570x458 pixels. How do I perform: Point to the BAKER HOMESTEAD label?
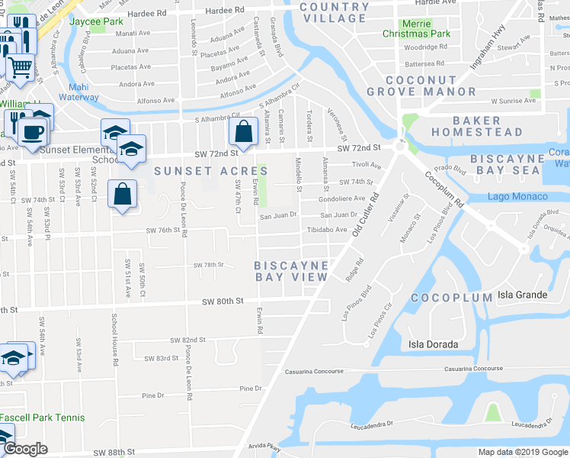point(488,126)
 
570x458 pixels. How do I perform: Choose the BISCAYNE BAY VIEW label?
point(292,271)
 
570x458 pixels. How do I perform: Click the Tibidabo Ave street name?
point(327,229)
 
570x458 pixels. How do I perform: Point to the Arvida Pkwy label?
point(264,449)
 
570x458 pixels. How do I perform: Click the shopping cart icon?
point(21,67)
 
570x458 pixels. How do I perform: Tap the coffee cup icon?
point(32,131)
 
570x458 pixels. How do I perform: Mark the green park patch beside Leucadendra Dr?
point(492,413)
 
